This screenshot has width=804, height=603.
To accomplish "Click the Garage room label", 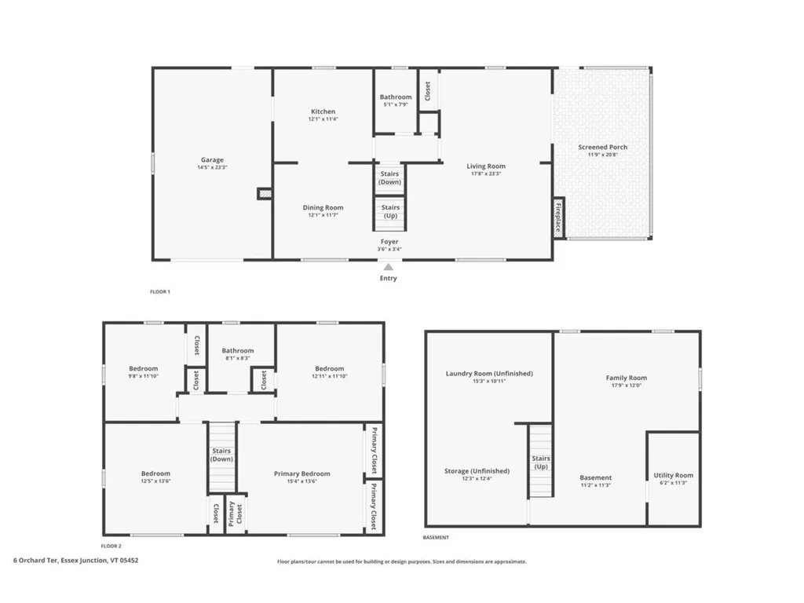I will coord(212,160).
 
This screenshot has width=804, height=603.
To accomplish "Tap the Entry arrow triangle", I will coord(388,267).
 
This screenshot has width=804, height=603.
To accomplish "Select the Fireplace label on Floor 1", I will coord(559,216).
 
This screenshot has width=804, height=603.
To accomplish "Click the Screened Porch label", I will coord(602,148).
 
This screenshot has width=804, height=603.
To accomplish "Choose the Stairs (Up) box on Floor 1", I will coord(390,211).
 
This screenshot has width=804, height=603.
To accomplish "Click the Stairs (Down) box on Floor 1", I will coord(389,177).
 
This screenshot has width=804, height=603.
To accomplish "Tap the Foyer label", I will coord(389,242).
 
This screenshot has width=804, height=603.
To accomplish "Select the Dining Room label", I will coord(323,208).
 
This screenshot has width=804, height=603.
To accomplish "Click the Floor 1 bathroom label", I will coord(396,97).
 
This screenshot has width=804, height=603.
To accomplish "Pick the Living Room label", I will coord(486,166).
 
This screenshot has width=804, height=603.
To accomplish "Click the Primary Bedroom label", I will coord(301,473).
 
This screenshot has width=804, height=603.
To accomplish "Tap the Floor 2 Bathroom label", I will coord(237,351).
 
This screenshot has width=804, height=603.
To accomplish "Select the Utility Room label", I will coord(673,476).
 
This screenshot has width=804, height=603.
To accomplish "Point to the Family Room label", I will coord(626,378).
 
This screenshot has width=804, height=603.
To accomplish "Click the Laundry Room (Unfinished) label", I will coord(489,374).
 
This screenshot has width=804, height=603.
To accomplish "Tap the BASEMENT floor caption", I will coord(437,538).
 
